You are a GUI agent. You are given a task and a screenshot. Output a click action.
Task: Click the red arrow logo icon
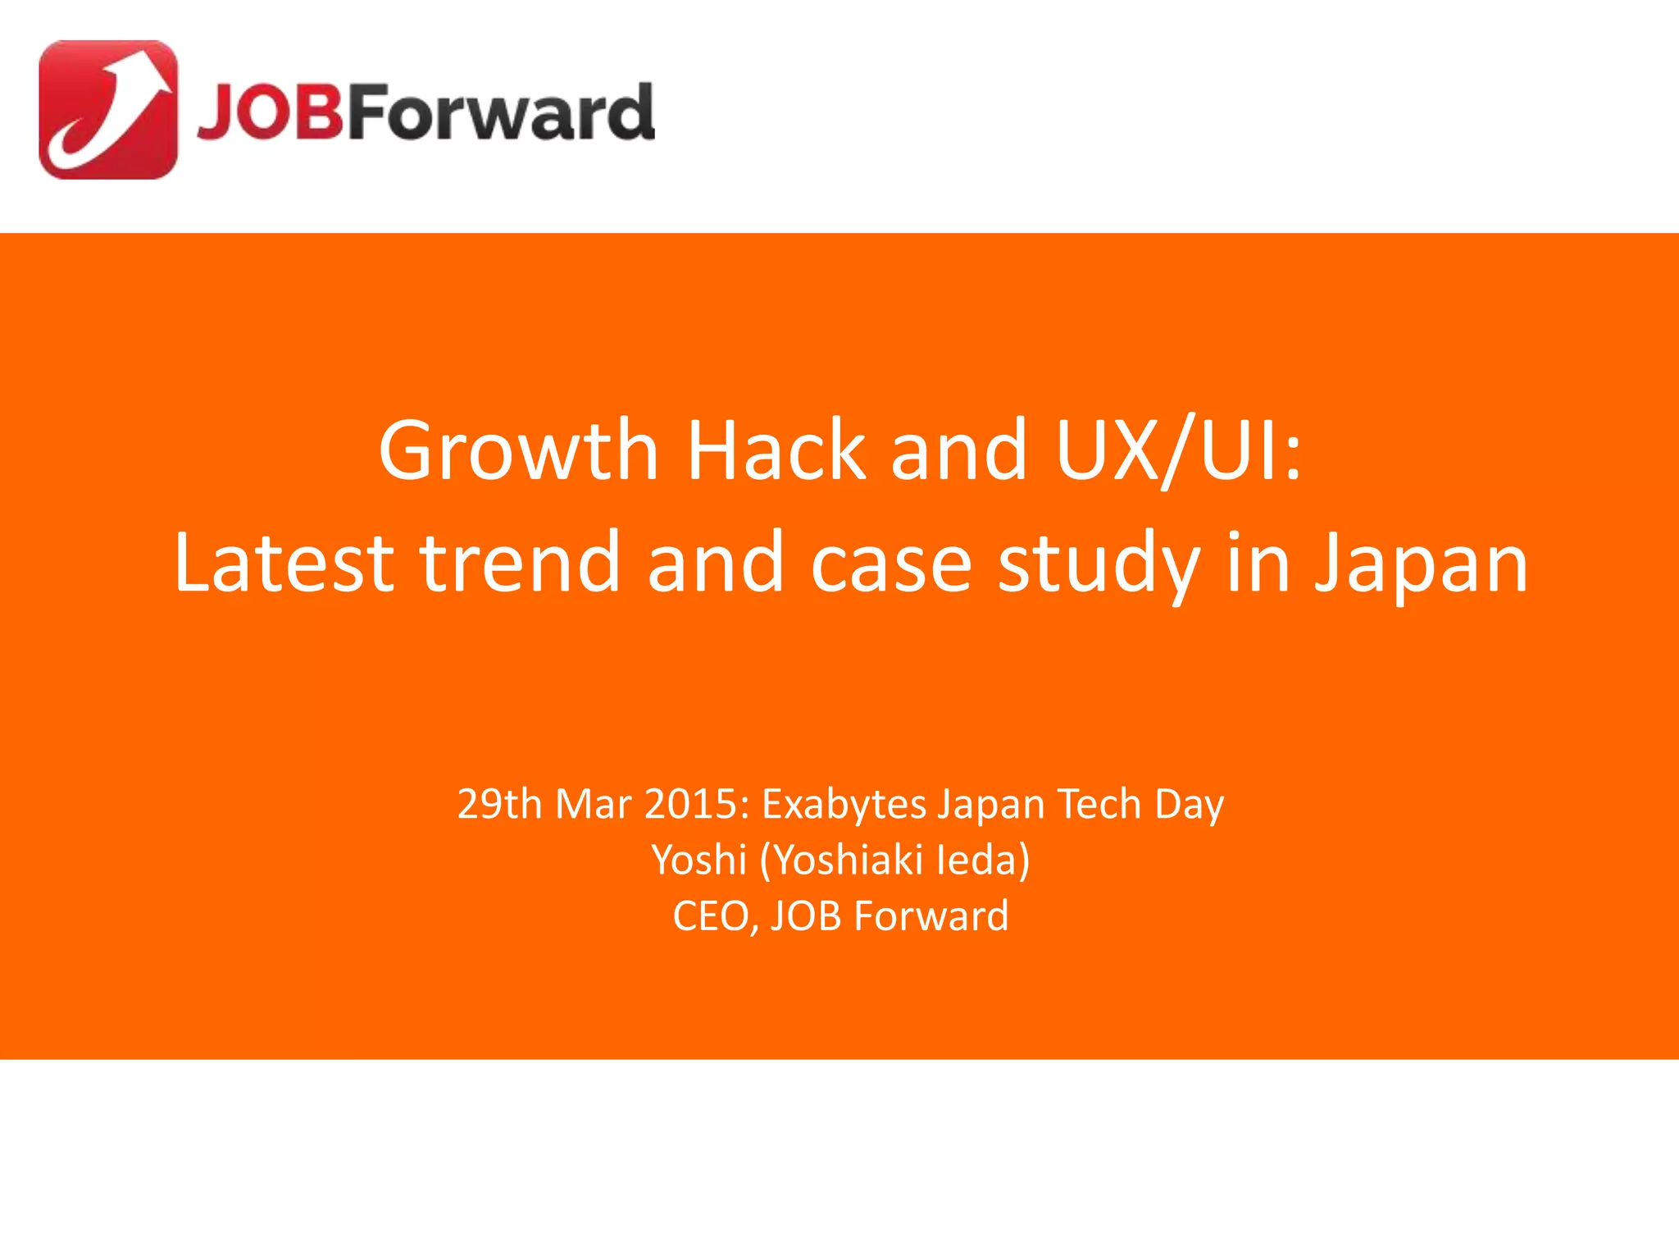coord(108,110)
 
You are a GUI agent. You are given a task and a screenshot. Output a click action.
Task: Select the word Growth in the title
coord(518,450)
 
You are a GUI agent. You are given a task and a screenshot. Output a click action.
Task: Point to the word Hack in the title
coord(776,450)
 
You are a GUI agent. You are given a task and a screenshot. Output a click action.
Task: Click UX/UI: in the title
coord(1177,450)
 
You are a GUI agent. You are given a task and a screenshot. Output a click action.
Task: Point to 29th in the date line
coord(499,804)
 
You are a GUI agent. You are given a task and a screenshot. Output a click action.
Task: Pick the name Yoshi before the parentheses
coord(699,861)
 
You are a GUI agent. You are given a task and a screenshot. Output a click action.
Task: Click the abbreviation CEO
coord(714,916)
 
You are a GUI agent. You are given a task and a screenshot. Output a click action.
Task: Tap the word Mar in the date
coord(594,804)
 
